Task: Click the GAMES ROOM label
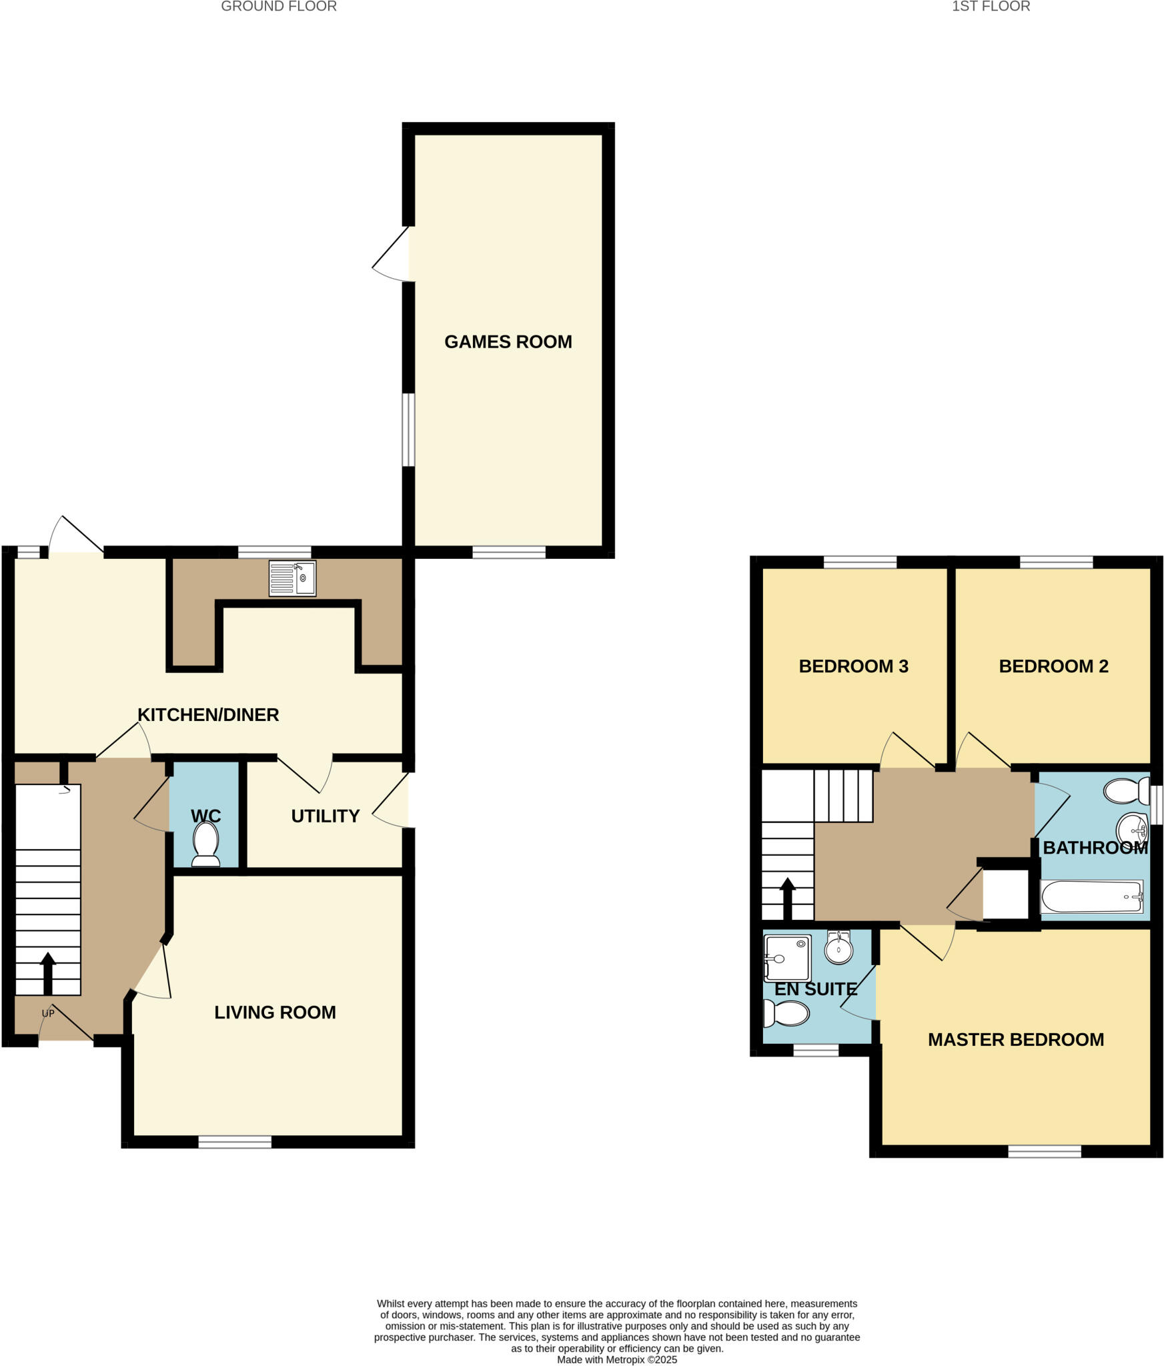pos(508,341)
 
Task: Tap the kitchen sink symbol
pos(292,578)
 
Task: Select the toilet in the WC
pos(205,843)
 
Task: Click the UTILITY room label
pos(325,816)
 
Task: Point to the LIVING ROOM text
pos(275,1012)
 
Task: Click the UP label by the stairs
pos(48,1013)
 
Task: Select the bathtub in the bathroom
pos(1091,896)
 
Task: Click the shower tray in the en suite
pos(787,958)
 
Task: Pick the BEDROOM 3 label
pos(853,666)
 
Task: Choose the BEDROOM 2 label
pos(1053,666)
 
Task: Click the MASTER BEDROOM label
pos(1015,1039)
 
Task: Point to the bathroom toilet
pos(1126,792)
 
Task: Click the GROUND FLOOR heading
pos(279,7)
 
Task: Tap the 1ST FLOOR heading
pos(991,7)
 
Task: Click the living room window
pos(235,1142)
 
